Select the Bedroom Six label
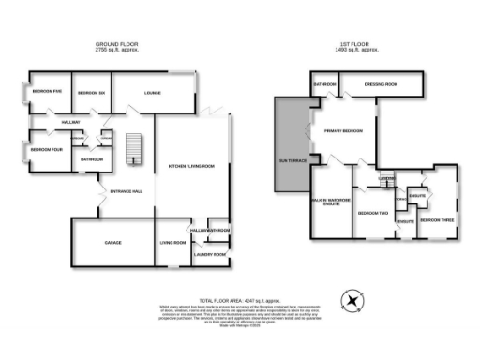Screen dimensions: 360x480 click(89, 93)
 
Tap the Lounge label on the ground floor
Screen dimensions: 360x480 click(152, 93)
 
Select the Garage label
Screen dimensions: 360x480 click(114, 242)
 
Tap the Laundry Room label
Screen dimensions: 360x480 click(209, 254)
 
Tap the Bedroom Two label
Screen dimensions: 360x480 click(372, 213)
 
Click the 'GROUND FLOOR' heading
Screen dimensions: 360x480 click(118, 45)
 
